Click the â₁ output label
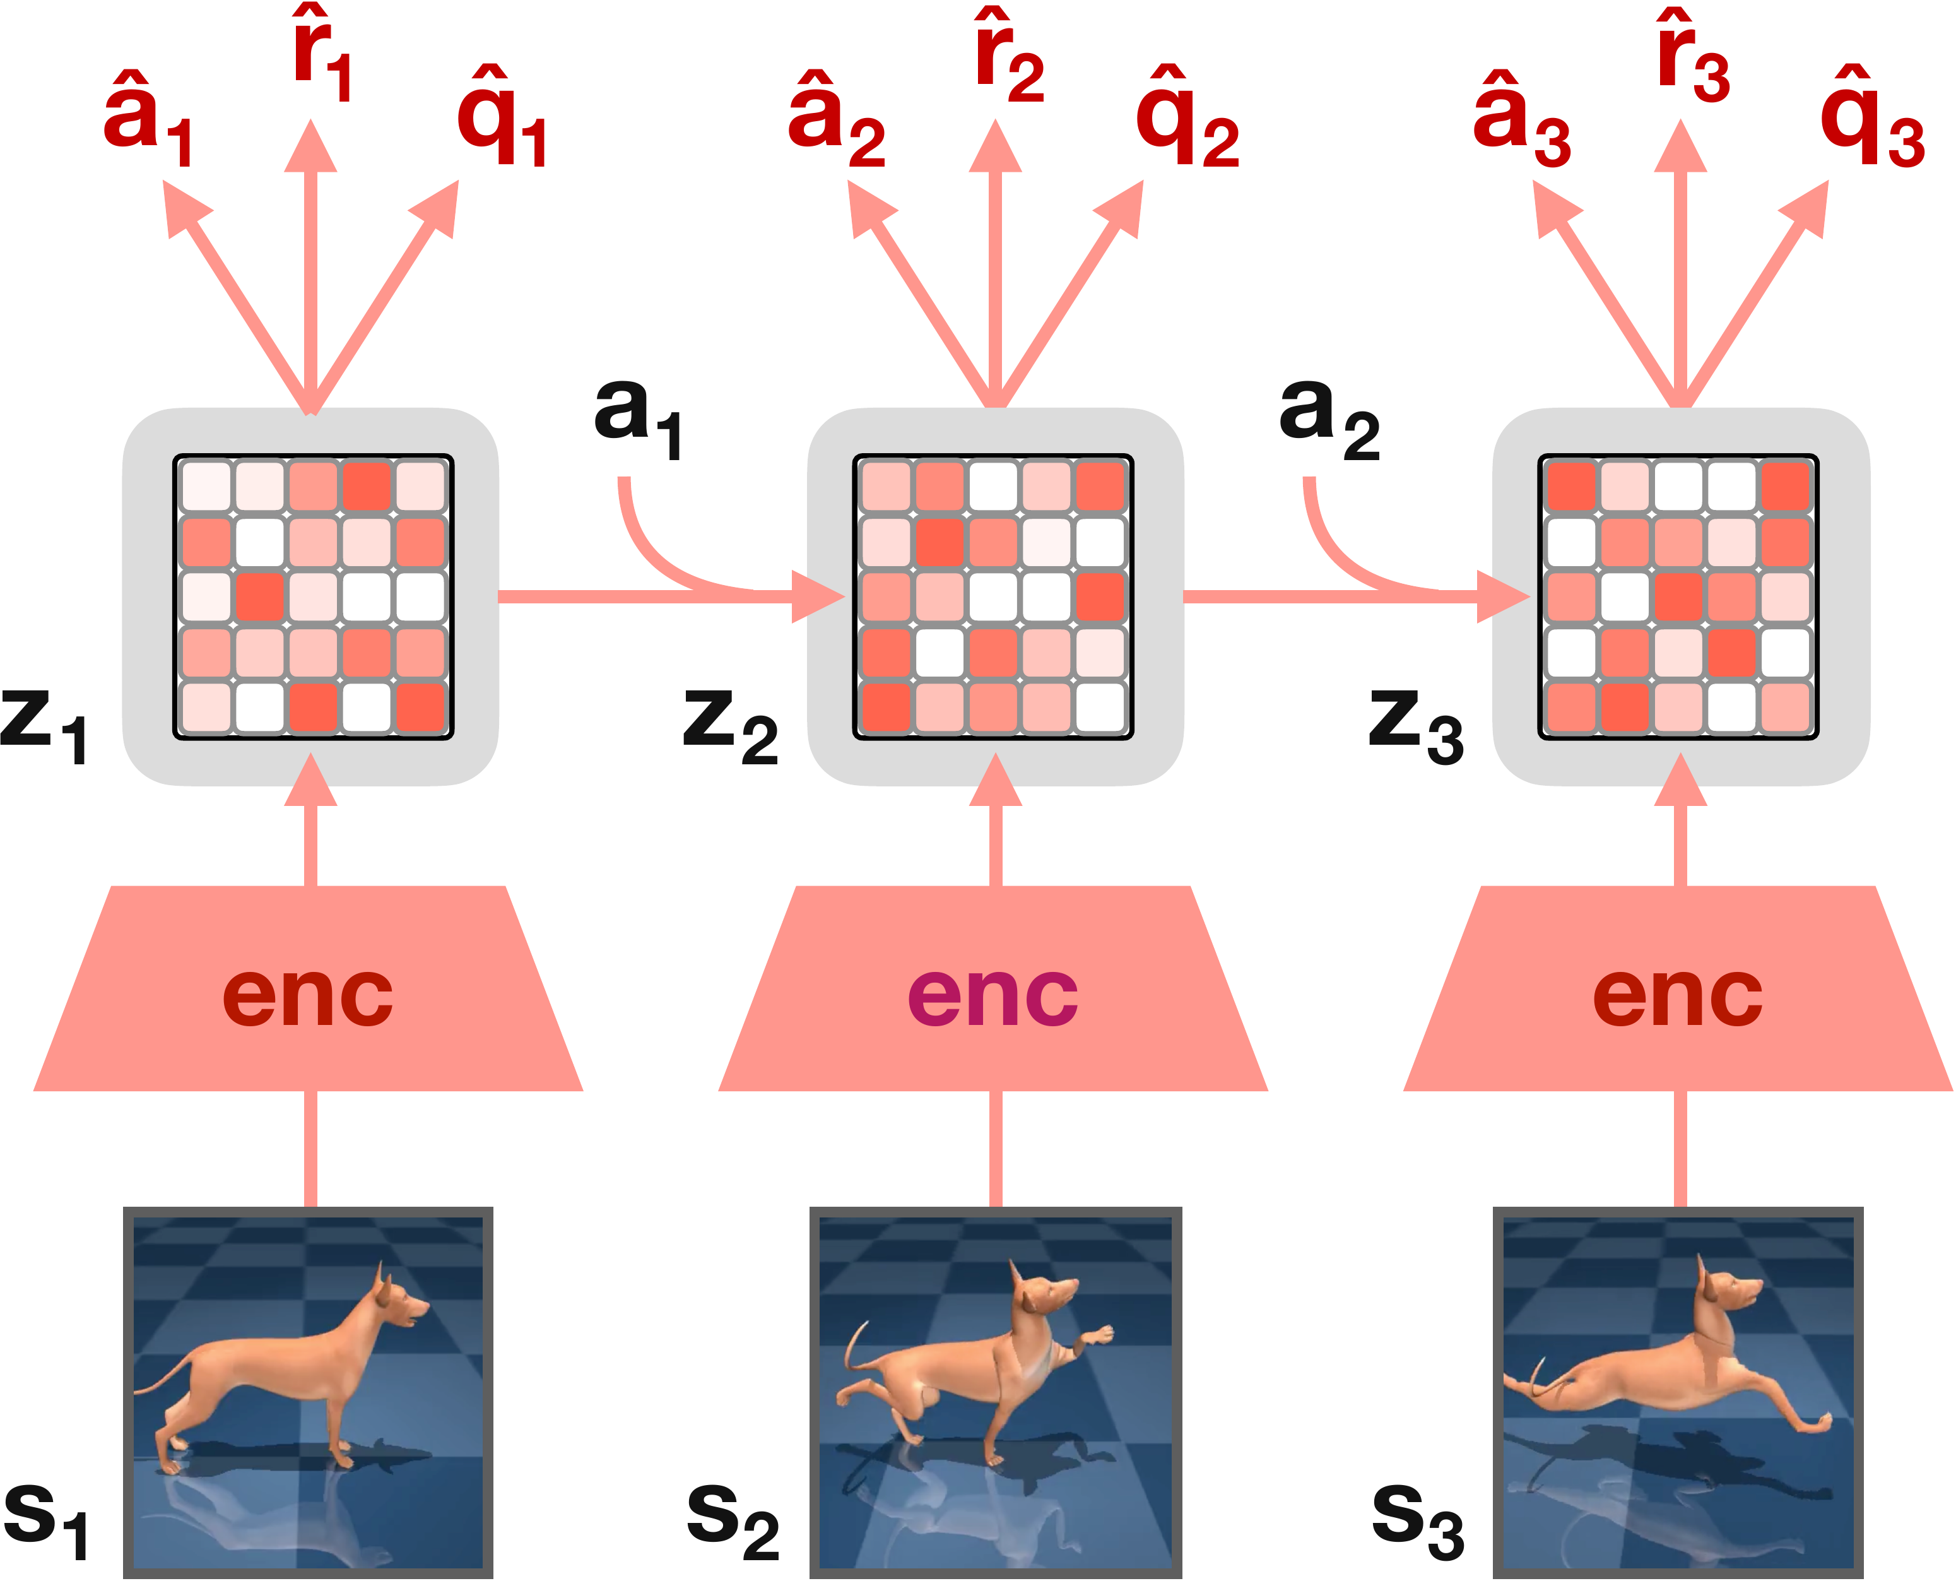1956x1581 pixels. pos(148,117)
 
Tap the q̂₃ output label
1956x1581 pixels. pos(1872,117)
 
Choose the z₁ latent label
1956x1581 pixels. pos(44,726)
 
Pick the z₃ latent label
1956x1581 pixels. pos(1416,726)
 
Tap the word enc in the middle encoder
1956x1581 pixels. pos(993,995)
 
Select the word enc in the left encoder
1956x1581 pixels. pos(308,995)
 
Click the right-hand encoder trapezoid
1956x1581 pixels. pos(1678,988)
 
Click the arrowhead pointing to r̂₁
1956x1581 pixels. pos(310,146)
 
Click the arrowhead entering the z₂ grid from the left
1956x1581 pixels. pos(820,596)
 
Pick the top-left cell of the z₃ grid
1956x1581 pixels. pos(1571,487)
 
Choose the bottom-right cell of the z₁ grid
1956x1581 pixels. pos(421,708)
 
